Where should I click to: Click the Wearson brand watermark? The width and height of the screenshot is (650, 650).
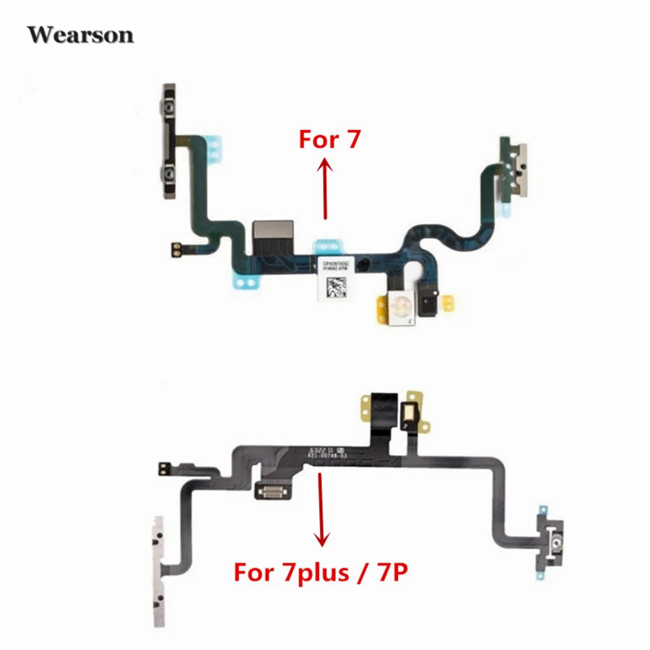pos(81,34)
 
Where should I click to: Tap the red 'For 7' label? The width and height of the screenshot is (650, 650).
pos(329,139)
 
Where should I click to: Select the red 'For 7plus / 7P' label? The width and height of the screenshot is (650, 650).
pos(322,575)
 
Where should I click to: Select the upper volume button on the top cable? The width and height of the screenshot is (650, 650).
pos(169,109)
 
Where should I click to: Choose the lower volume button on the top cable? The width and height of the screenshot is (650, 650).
pos(170,174)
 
